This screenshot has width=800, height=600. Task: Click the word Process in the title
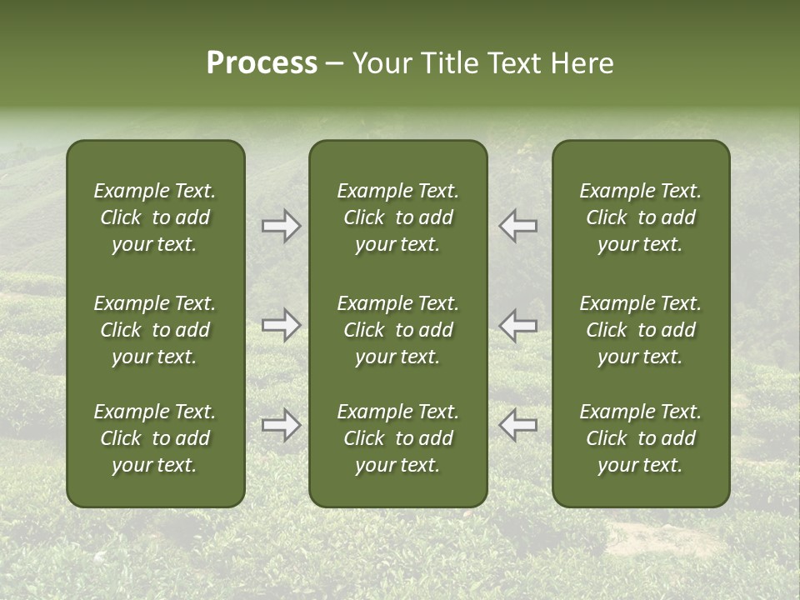pos(262,63)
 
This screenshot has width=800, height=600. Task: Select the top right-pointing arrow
pos(282,226)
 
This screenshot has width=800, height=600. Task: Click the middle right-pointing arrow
pos(282,325)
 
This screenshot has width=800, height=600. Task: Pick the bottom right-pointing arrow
pos(282,425)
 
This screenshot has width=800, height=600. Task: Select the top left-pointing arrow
pos(518,226)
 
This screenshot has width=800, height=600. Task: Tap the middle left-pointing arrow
pos(518,325)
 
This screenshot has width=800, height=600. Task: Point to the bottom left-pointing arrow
pos(518,425)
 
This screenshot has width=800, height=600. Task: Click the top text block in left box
pos(155,217)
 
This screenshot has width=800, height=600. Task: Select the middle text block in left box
pos(155,330)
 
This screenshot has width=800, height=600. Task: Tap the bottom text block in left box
pos(155,438)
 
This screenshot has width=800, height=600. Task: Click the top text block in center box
pos(397,217)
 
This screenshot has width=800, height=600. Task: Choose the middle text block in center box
pos(397,330)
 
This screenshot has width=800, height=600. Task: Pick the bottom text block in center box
pos(397,438)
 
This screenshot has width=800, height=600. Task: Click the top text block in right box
pos(640,217)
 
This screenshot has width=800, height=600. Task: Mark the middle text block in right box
pos(640,330)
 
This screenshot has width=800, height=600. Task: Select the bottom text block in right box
pos(640,438)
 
